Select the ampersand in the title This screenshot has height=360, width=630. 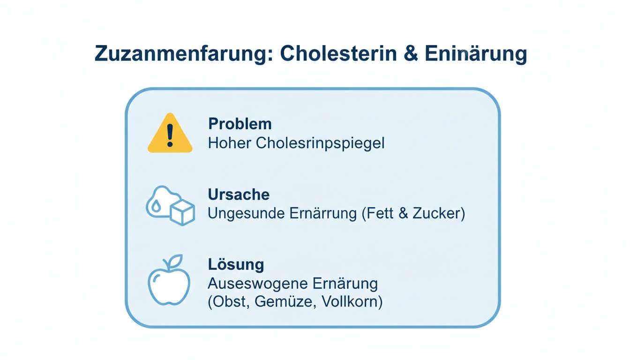coord(413,54)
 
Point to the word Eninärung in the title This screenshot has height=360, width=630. coord(475,54)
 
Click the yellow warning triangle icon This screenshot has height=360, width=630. coord(170,134)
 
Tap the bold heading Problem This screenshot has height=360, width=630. coord(240,124)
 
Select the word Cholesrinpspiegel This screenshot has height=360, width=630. coord(320,143)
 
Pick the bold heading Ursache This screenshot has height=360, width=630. coord(239,195)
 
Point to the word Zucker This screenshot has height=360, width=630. coord(437,213)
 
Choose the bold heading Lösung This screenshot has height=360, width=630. coord(236,264)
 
